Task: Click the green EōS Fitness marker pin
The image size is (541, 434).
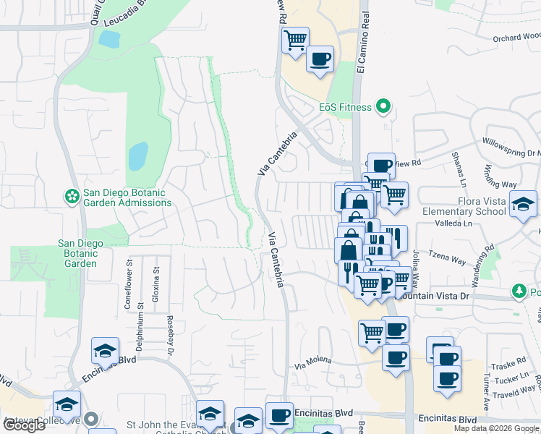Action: tap(384, 107)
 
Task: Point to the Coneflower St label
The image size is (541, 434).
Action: tap(129, 290)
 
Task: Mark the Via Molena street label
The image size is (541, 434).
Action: tap(313, 359)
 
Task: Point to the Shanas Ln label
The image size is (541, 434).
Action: tap(457, 168)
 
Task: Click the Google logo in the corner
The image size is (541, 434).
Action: tap(25, 425)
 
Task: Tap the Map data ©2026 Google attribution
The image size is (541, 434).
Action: tap(496, 428)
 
